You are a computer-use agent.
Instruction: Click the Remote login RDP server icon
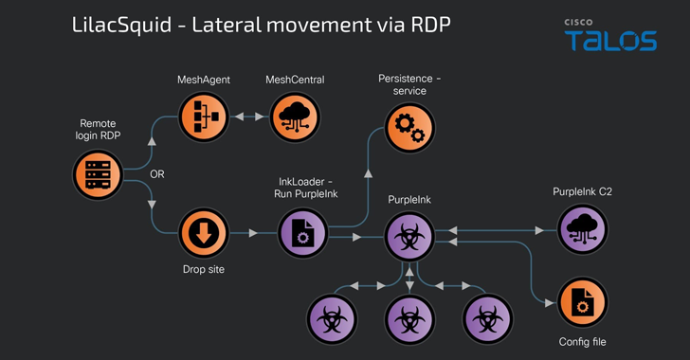pyautogui.click(x=98, y=175)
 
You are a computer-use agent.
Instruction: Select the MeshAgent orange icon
pyautogui.click(x=204, y=117)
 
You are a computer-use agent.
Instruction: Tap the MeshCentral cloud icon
pyautogui.click(x=295, y=117)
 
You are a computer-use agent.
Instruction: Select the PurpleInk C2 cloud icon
pyautogui.click(x=582, y=230)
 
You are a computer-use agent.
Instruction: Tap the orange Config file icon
pyautogui.click(x=582, y=302)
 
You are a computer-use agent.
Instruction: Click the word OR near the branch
pyautogui.click(x=157, y=175)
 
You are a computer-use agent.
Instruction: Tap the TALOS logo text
pyautogui.click(x=609, y=41)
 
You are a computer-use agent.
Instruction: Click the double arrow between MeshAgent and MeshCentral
pyautogui.click(x=249, y=117)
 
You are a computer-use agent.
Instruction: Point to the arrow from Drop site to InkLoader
pyautogui.click(x=253, y=233)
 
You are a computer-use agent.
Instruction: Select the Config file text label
pyautogui.click(x=582, y=341)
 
